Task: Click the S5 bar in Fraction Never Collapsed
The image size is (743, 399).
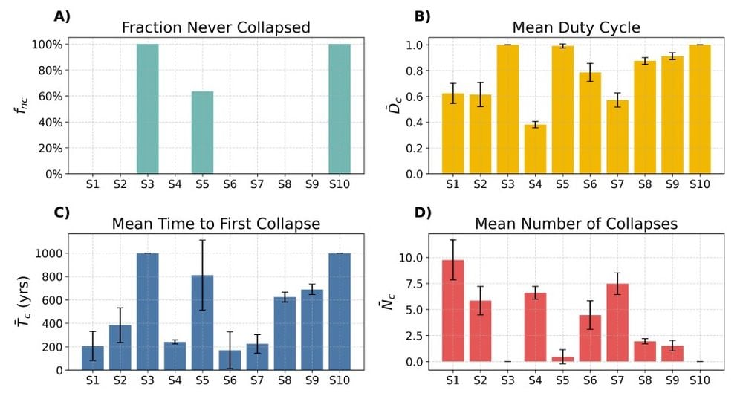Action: pyautogui.click(x=202, y=132)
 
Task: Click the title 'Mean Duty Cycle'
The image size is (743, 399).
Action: pyautogui.click(x=576, y=28)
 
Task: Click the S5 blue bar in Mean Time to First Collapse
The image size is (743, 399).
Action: pyautogui.click(x=202, y=322)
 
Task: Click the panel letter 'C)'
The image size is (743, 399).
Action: pyautogui.click(x=62, y=213)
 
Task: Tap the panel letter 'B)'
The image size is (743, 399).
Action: pyautogui.click(x=422, y=16)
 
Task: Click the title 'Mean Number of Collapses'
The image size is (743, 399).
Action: pyautogui.click(x=576, y=224)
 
